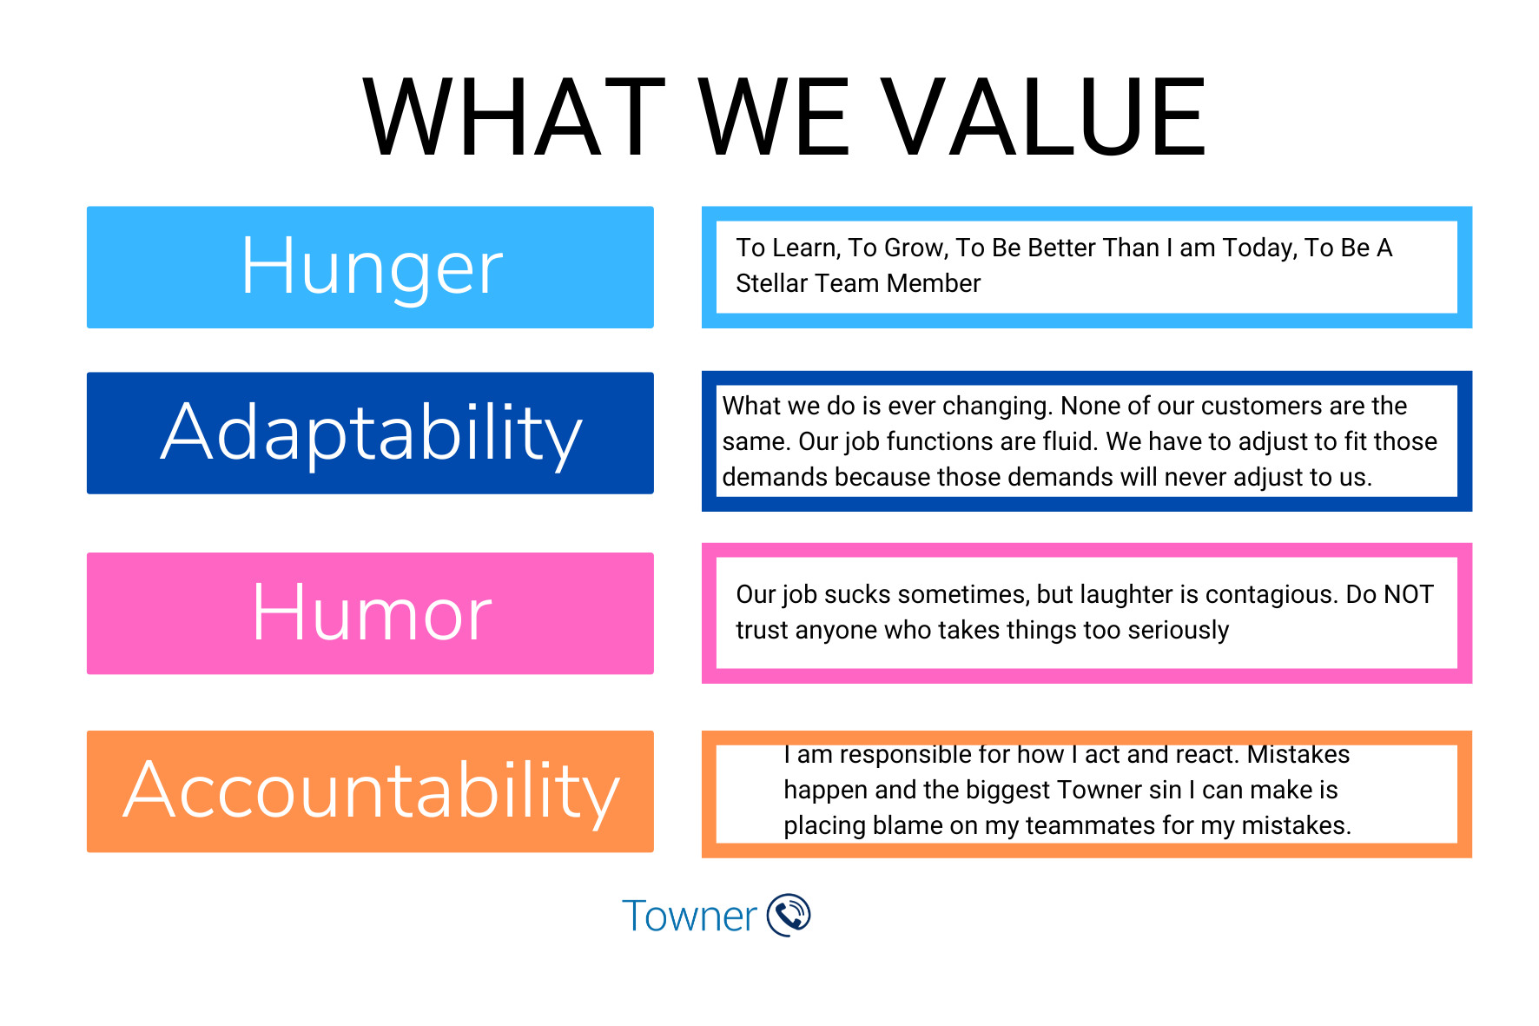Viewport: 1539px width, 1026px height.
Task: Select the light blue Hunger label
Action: [370, 267]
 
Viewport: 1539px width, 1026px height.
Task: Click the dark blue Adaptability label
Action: [370, 433]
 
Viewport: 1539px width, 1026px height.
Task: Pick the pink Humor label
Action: [370, 612]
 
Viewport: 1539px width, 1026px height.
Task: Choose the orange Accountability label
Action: [370, 791]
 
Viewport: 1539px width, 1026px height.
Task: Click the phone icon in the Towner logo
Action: [789, 915]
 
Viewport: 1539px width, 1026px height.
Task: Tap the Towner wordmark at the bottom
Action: [690, 917]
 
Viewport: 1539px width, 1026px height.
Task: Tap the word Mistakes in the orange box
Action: [1298, 754]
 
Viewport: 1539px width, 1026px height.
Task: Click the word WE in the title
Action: [772, 117]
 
